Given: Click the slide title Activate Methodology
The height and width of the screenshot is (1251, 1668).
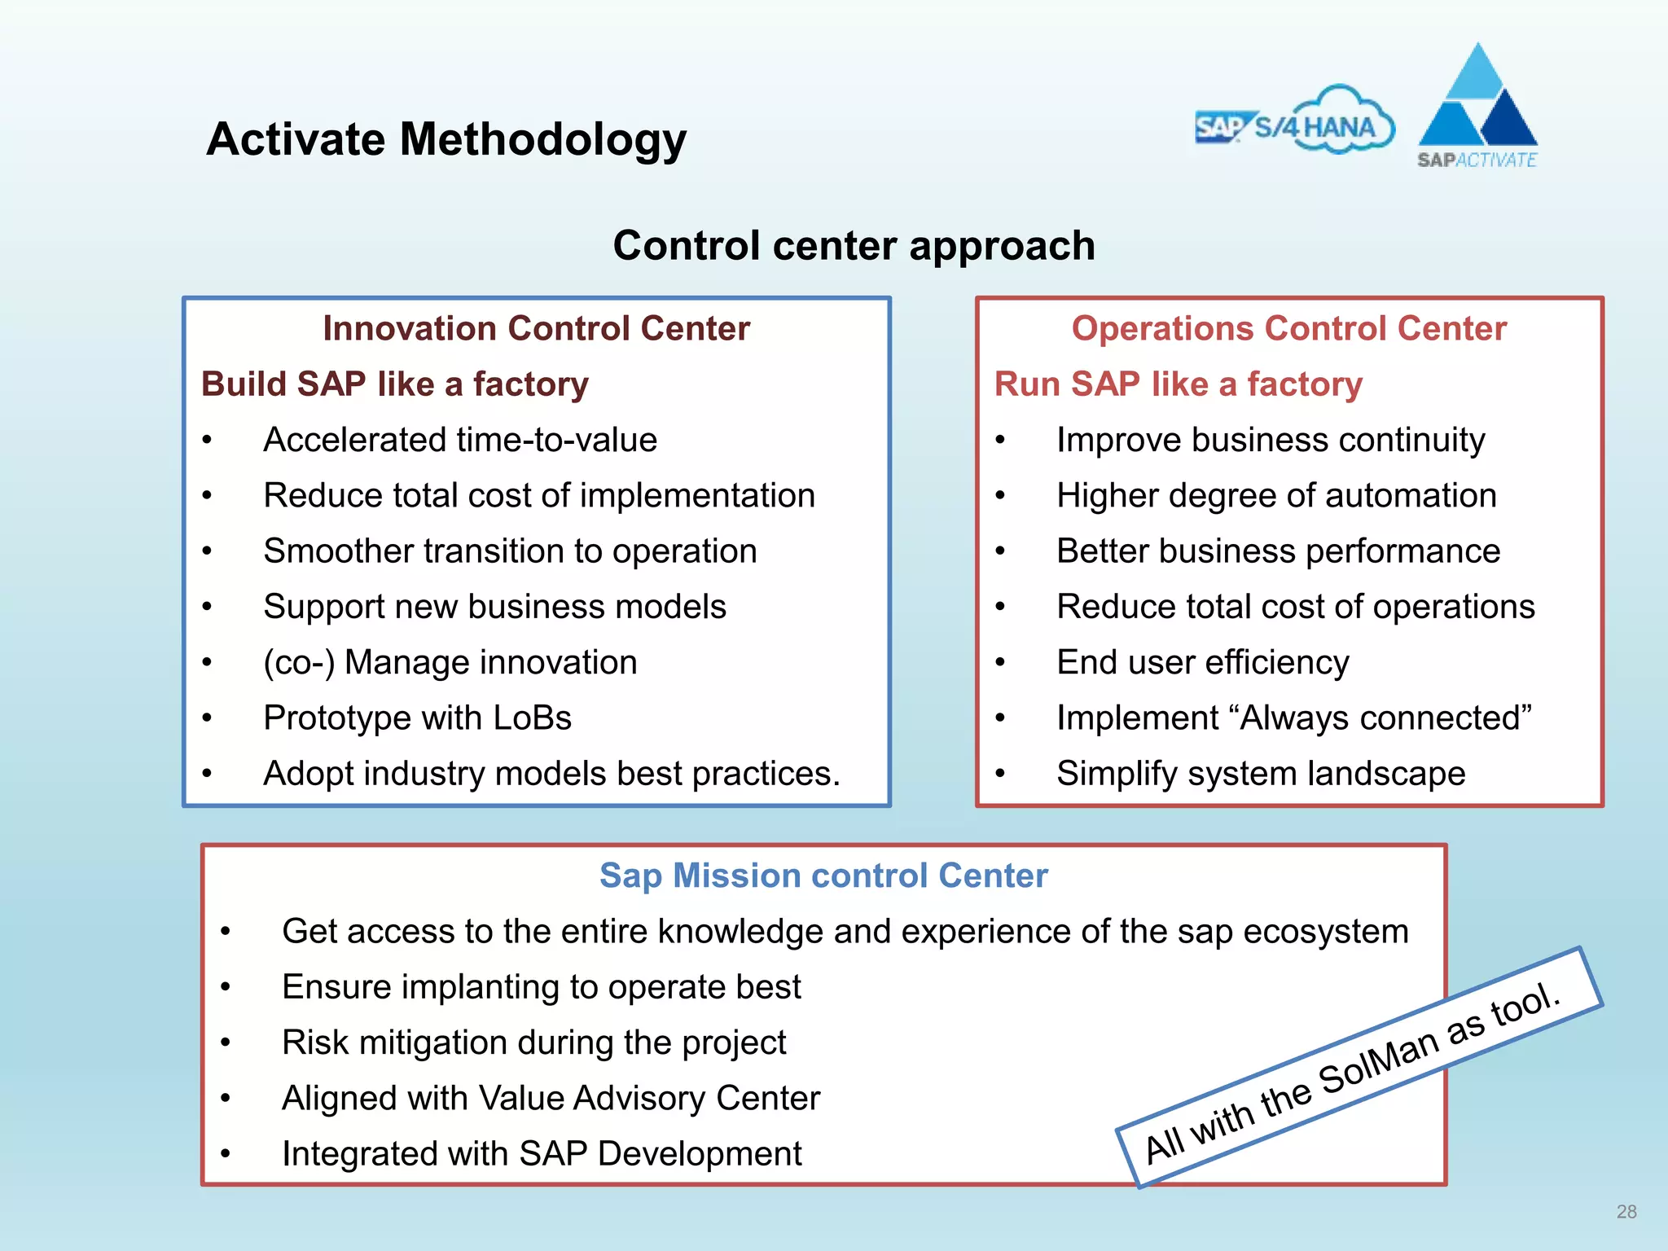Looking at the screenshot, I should [446, 139].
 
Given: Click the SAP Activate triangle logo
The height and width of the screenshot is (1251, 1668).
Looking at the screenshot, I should [1477, 106].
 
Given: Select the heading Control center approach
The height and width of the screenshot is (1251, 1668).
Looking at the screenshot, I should [854, 246].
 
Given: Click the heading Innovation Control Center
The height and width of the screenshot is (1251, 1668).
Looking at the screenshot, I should [536, 329].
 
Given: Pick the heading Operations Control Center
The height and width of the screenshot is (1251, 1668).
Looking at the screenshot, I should [1288, 329].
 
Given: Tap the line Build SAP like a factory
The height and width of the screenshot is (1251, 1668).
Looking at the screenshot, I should [395, 384].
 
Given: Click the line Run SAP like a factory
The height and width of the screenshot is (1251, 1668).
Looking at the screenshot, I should [1178, 384].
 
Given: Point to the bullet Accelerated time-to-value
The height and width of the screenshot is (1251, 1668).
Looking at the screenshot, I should [460, 441].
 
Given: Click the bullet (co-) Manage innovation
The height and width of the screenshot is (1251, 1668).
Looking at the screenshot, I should [450, 663].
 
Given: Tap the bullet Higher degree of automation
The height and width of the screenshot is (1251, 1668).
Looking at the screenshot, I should [1276, 496].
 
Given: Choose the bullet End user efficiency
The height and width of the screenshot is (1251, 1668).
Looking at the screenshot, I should [1202, 663].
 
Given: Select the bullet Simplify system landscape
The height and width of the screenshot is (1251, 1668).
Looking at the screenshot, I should [1261, 774].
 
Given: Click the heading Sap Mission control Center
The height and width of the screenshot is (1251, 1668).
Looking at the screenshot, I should [823, 876].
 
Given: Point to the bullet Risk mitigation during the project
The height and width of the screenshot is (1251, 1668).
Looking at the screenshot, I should [533, 1043].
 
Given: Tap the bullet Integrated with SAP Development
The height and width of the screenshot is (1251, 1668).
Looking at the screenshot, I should [542, 1154].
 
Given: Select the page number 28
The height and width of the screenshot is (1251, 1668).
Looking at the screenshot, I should [1626, 1212].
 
